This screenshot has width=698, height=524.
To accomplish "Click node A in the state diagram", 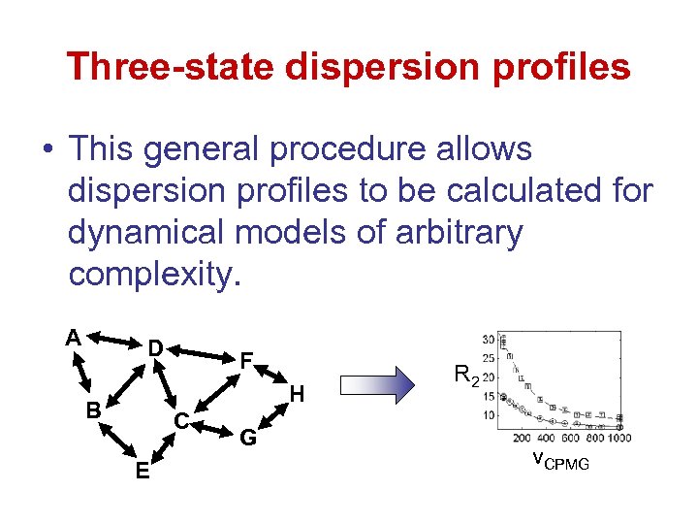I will pos(73,337).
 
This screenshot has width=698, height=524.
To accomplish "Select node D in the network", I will pos(154,347).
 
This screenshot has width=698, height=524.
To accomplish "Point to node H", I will pos(298,394).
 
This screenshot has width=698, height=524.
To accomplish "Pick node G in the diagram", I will pos(248,438).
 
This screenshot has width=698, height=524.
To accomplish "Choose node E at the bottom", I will pos(143,472).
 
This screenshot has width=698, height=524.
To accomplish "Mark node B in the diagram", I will pos(93,410).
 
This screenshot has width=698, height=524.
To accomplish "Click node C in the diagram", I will pos(180,421).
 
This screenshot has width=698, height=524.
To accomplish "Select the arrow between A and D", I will pos(112,341).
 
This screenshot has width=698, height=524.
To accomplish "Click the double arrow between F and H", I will pos(273,377).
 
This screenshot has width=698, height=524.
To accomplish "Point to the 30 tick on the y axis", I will pos(488,340).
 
